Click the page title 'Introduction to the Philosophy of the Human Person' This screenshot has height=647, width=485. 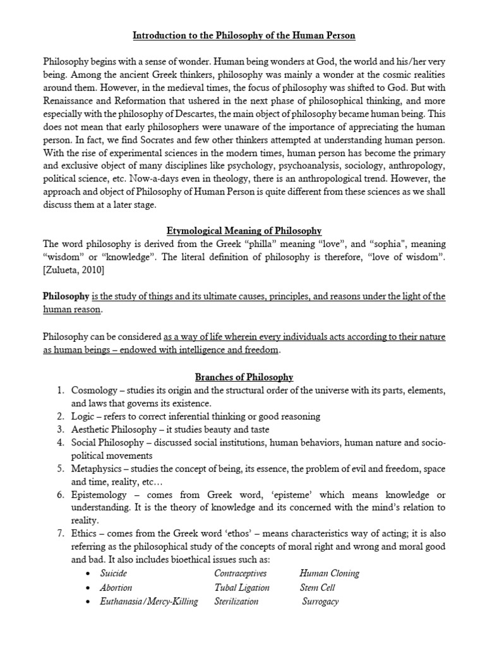coord(244,35)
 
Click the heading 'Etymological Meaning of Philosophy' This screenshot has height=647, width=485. coord(244,231)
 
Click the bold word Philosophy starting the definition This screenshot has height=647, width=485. coord(66,296)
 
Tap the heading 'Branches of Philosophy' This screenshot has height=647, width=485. coord(244,377)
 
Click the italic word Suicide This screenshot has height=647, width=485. coord(114,573)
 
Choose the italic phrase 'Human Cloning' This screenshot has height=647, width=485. coord(329,573)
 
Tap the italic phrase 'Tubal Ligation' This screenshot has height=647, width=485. coord(241,587)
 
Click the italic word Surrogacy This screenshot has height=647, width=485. coord(320,601)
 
